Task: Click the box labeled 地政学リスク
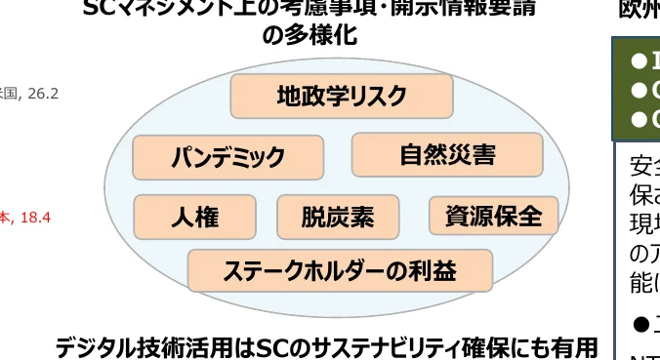coord(341,96)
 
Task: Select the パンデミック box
coord(227,156)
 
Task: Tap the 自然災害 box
coord(446,154)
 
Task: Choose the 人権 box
coord(194,217)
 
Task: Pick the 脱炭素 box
coord(337,217)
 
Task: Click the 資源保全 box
coord(493,216)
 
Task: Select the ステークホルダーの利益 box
coord(339,270)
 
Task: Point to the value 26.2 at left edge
coord(43,94)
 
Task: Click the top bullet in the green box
coord(639,62)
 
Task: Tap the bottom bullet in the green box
coord(639,120)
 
